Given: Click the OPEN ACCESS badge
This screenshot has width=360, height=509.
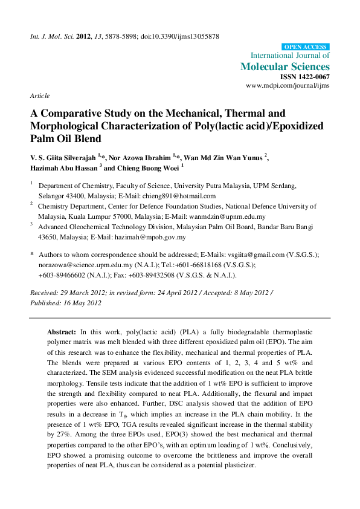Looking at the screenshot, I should [x=306, y=47].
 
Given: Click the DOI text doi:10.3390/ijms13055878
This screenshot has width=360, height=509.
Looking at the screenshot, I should [x=180, y=36].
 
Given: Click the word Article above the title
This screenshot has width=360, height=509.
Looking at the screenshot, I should [x=39, y=96].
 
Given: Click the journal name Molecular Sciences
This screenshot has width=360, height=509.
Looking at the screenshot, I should [x=285, y=66].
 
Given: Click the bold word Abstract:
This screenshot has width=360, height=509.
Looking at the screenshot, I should [x=62, y=332].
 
